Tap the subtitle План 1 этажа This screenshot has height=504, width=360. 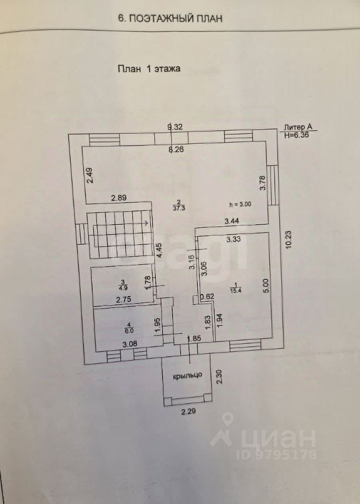148,68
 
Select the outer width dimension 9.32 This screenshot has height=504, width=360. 175,127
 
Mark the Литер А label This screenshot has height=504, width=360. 298,127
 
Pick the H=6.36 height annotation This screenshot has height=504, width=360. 297,134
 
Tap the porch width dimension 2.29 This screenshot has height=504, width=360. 188,412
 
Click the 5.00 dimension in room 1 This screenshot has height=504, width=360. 266,285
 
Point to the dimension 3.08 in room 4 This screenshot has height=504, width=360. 130,344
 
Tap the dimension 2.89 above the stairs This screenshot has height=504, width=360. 118,198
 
